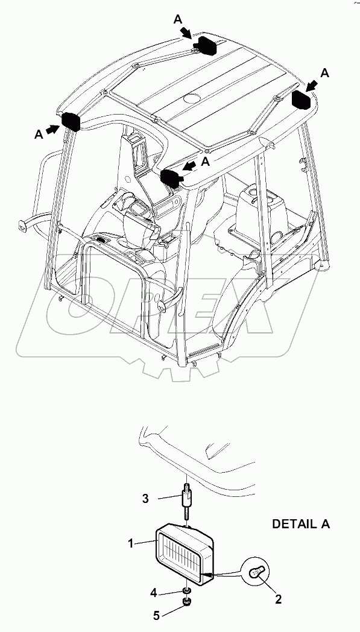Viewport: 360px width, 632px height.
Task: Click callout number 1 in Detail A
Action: pyautogui.click(x=130, y=543)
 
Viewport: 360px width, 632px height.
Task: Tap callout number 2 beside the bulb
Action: pyautogui.click(x=278, y=599)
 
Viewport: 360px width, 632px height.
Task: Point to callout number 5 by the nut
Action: pyautogui.click(x=156, y=616)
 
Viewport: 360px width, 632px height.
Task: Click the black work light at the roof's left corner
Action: pyautogui.click(x=72, y=121)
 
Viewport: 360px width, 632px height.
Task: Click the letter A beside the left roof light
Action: pyautogui.click(x=39, y=135)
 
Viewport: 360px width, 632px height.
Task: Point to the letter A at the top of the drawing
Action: pyautogui.click(x=178, y=19)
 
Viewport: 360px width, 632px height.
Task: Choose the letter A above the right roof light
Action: pyautogui.click(x=325, y=73)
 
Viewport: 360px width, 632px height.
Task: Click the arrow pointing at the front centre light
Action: pyautogui.click(x=190, y=165)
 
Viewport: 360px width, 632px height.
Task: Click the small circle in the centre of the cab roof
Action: pyautogui.click(x=191, y=98)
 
